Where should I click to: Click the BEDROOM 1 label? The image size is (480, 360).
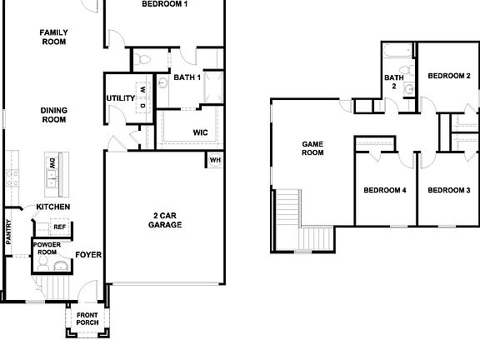click(x=164, y=4)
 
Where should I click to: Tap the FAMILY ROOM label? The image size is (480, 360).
click(x=53, y=37)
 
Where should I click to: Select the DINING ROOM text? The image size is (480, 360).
click(x=53, y=114)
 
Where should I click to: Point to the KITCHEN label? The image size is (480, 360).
click(x=52, y=207)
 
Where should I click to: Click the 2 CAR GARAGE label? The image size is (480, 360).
click(x=165, y=220)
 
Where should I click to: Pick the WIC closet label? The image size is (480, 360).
click(x=200, y=132)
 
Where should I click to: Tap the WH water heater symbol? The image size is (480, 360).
click(x=215, y=160)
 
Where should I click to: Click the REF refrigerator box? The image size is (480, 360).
click(x=59, y=227)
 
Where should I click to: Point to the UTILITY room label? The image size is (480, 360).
click(x=120, y=99)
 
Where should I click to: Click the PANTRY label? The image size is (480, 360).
click(x=9, y=231)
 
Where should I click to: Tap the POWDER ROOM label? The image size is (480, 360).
click(x=47, y=248)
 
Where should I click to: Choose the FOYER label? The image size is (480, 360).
click(x=88, y=254)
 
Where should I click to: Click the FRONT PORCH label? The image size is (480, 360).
click(x=87, y=318)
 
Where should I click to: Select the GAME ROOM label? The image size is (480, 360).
click(x=312, y=148)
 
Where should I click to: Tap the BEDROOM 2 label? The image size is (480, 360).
click(x=449, y=76)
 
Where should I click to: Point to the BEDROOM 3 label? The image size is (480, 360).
click(x=449, y=190)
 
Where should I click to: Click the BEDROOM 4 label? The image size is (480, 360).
click(x=384, y=190)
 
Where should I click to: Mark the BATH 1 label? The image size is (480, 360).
click(x=187, y=77)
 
